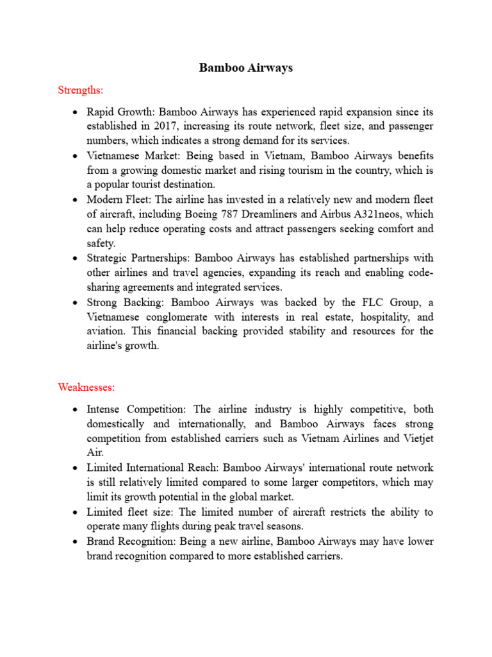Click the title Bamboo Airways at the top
click(x=246, y=67)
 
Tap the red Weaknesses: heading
click(x=86, y=387)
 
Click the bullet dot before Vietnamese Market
click(x=76, y=156)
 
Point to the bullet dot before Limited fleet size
click(x=76, y=513)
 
